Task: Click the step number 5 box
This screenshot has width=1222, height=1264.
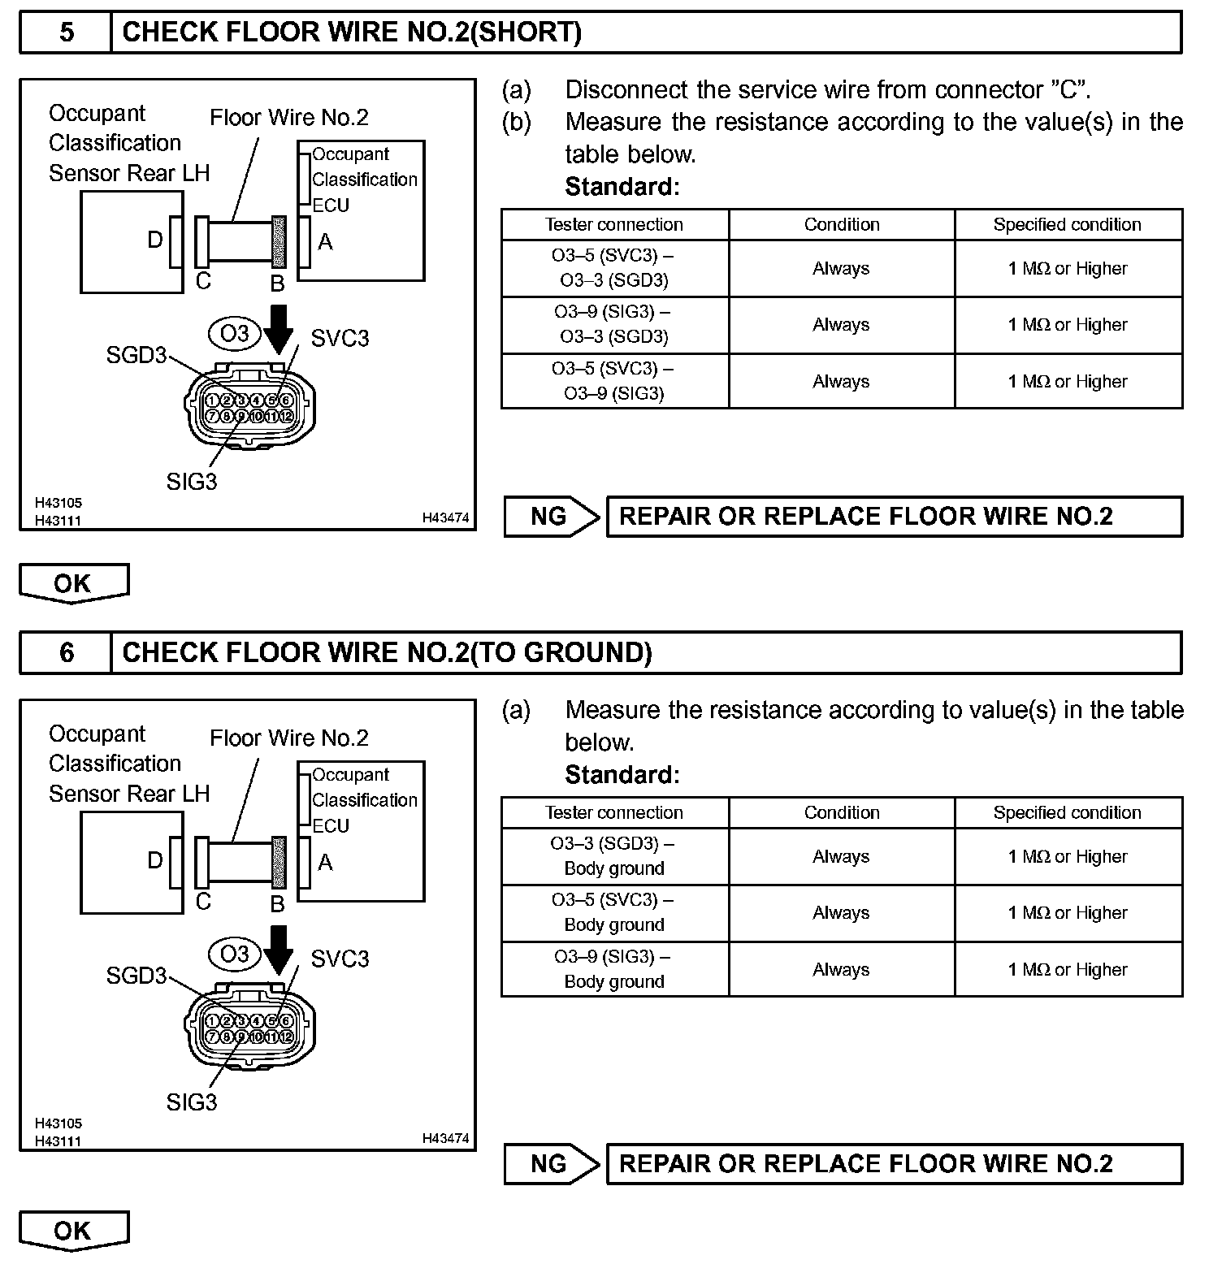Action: (x=66, y=32)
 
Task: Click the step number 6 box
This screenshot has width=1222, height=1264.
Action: (x=66, y=653)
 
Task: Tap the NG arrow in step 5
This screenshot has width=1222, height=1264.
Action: (x=552, y=517)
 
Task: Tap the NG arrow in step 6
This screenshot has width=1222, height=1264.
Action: (x=552, y=1164)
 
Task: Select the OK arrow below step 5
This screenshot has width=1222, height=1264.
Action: (x=73, y=583)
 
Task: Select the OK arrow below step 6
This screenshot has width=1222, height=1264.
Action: (x=73, y=1231)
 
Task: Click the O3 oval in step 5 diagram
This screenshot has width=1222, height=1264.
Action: (x=234, y=333)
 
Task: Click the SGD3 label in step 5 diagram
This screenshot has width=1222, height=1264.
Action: (x=136, y=356)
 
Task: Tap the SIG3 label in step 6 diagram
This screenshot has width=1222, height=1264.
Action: (x=192, y=1102)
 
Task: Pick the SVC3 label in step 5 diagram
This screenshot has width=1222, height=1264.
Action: (x=340, y=338)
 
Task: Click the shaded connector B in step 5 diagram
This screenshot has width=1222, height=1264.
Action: (x=279, y=241)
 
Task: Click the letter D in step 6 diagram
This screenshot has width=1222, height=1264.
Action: (x=155, y=860)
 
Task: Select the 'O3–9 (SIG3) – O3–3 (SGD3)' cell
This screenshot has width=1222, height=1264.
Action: (x=614, y=324)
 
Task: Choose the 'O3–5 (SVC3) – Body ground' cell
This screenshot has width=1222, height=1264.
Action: (x=614, y=912)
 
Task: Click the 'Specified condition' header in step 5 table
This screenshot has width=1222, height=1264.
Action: (x=1067, y=225)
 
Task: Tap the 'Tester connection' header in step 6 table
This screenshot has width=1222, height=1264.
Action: (x=614, y=813)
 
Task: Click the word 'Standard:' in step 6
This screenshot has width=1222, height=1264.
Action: (x=622, y=775)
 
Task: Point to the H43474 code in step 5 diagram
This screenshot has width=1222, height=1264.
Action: (x=445, y=518)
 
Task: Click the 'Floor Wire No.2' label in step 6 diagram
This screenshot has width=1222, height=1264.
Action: (x=288, y=738)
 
